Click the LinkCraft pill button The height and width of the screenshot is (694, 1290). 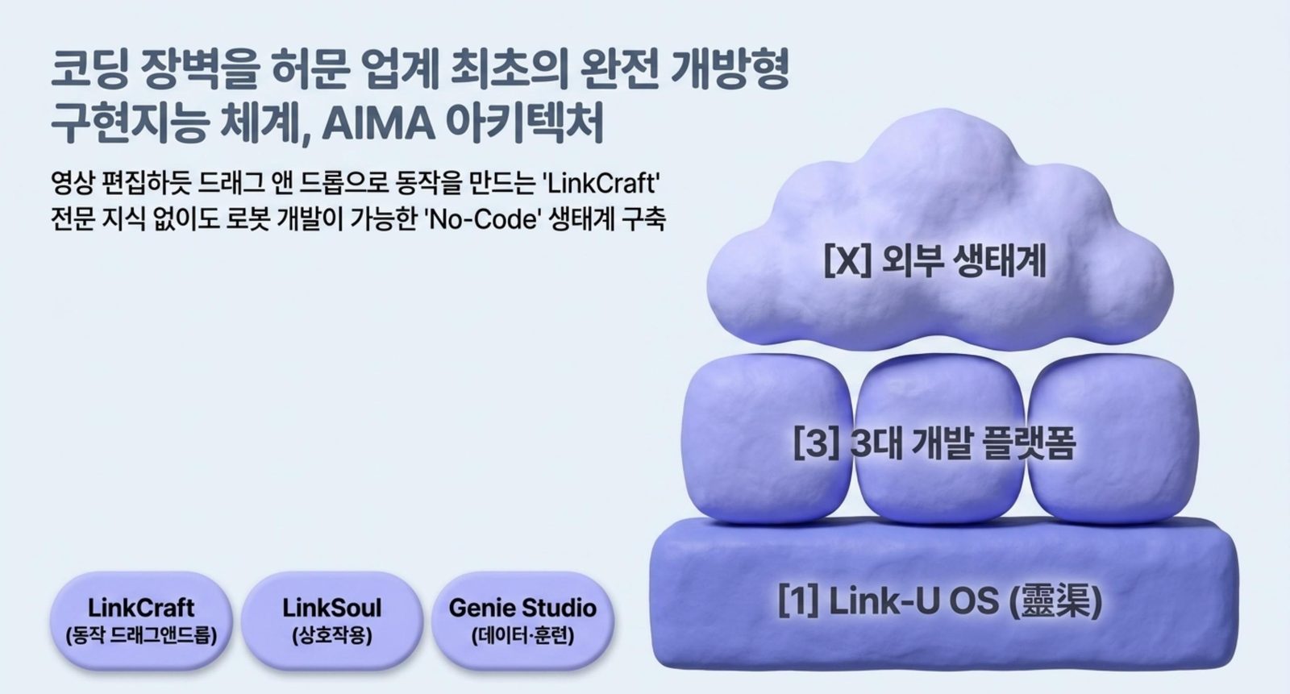coord(141,621)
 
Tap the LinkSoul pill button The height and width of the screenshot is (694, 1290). coord(332,621)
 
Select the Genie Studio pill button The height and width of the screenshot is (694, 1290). coord(523,621)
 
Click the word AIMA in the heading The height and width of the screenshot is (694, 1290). coord(378,123)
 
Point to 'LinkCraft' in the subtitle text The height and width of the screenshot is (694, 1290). coord(601,184)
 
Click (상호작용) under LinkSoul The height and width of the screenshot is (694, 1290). coord(332,636)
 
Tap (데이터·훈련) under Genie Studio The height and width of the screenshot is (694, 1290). coord(523,636)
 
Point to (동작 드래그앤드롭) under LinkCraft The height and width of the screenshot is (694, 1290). coord(141,636)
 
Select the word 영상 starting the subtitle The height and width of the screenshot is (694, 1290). coord(72,184)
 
